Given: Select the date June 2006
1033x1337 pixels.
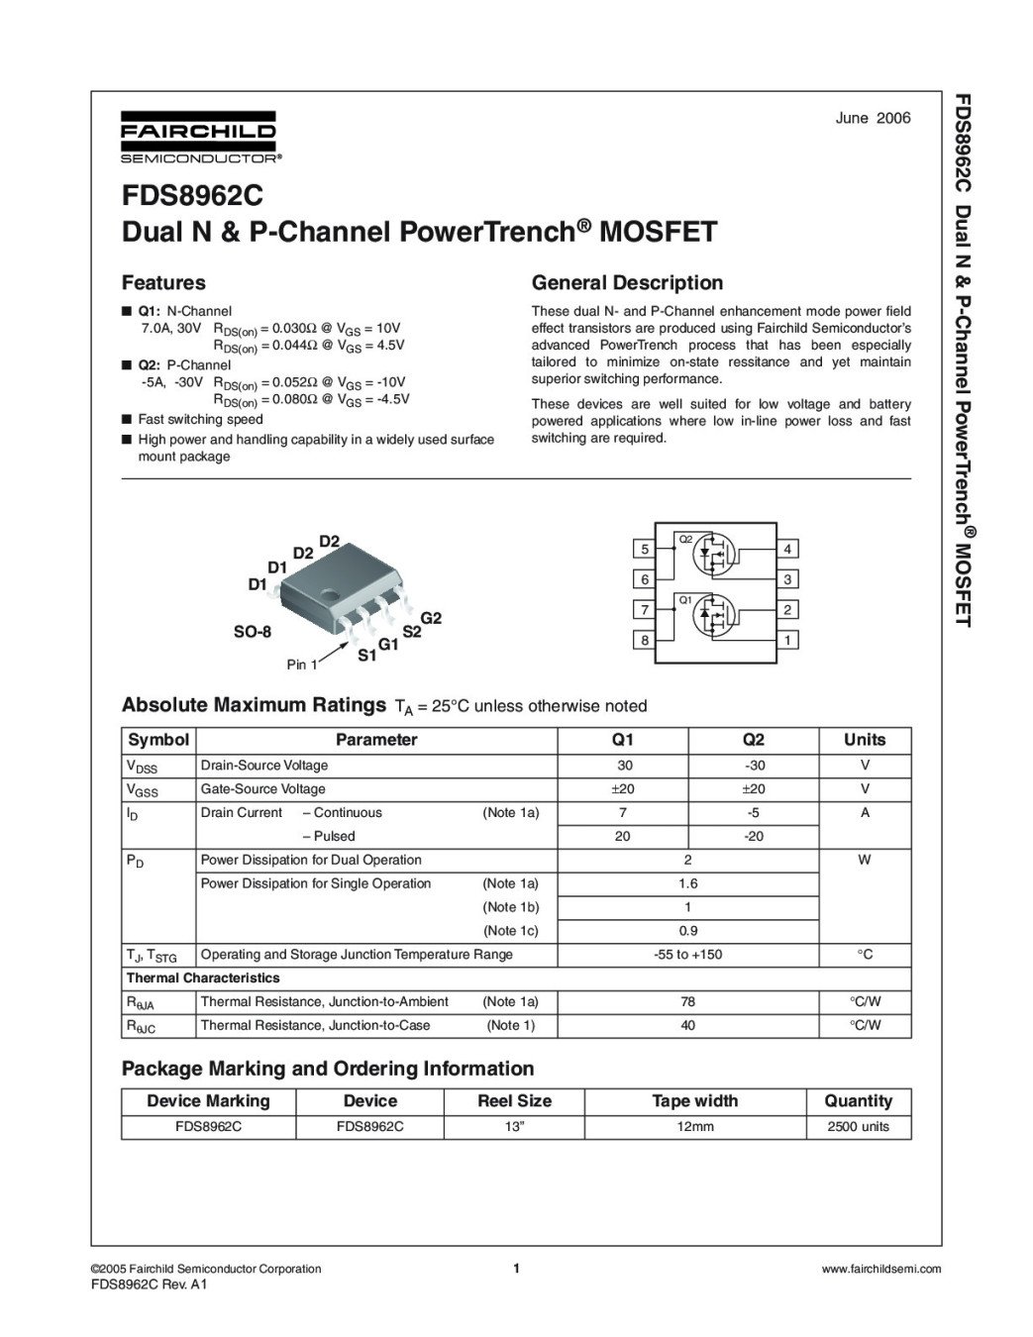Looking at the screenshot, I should [x=873, y=118].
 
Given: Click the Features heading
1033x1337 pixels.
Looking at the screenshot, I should [x=163, y=283].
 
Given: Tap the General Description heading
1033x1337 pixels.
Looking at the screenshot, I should [x=627, y=283].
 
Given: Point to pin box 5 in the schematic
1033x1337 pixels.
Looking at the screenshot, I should [x=645, y=550].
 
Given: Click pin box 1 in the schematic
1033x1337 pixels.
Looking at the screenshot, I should [x=787, y=641].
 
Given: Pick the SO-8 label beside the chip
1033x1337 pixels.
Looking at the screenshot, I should [x=252, y=632].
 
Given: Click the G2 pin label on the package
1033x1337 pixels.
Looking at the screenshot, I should [x=431, y=618].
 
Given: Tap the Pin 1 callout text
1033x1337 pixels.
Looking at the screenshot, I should [x=302, y=665].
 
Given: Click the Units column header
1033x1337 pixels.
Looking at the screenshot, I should [x=865, y=740].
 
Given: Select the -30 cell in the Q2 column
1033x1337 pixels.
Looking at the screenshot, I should [x=754, y=766].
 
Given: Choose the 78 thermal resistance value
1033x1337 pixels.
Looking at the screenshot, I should [x=687, y=1001].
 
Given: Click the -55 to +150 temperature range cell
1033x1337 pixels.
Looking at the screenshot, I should [x=687, y=955].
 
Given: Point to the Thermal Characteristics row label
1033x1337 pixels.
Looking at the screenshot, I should [x=203, y=978].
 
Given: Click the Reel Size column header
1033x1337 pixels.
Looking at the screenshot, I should [x=514, y=1101].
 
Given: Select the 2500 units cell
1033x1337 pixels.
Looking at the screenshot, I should [x=858, y=1127].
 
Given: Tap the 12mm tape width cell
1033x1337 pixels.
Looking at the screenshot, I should [x=694, y=1127].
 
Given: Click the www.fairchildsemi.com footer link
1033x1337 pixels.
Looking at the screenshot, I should [x=881, y=1269].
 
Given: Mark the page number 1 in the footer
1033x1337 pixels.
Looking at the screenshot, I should [x=516, y=1269].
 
